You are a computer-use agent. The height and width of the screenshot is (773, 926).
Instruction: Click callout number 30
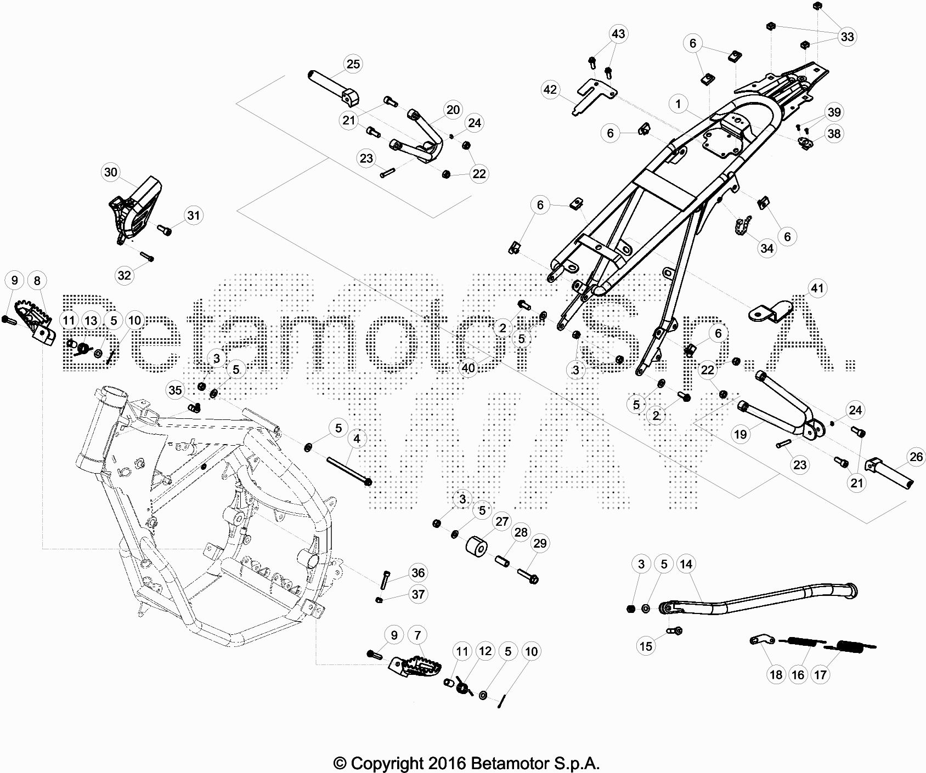(111, 172)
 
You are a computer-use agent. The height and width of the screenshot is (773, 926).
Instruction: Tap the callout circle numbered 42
(550, 89)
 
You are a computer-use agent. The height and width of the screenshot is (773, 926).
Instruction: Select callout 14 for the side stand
(686, 564)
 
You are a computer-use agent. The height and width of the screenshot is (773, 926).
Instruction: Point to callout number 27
(502, 521)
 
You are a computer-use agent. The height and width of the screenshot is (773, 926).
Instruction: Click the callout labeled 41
(817, 288)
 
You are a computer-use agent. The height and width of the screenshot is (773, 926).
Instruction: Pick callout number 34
(767, 248)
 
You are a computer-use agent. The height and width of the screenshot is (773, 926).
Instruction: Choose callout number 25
(353, 64)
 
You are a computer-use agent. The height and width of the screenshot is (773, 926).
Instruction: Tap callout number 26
(916, 456)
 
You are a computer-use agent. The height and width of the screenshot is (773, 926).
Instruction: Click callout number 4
(357, 439)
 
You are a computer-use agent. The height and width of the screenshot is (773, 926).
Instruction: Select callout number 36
(418, 573)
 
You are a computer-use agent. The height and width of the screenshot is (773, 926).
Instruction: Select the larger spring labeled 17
(850, 649)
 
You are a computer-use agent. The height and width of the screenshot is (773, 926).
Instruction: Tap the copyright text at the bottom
(466, 763)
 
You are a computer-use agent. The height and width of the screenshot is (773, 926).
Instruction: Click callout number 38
(833, 134)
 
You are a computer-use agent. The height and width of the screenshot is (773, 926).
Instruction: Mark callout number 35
(175, 390)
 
